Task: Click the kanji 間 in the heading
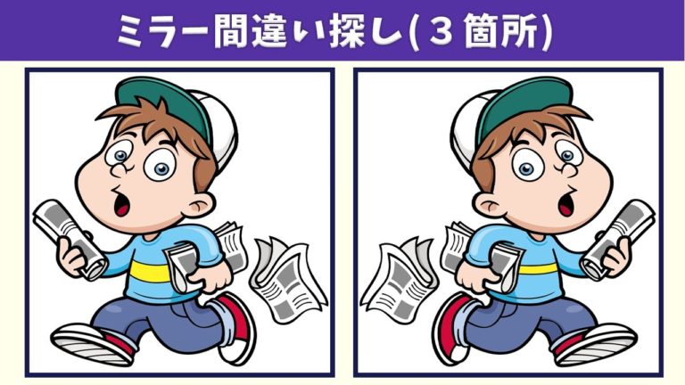(x=232, y=30)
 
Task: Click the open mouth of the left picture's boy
(x=122, y=204)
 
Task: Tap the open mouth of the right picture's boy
(x=566, y=204)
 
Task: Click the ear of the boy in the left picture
(x=201, y=204)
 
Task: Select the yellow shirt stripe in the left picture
(x=150, y=272)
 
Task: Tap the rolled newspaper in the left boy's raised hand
(x=70, y=239)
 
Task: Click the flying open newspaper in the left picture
(x=287, y=279)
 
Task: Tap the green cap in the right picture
(x=524, y=105)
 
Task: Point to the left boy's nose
(x=119, y=168)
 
